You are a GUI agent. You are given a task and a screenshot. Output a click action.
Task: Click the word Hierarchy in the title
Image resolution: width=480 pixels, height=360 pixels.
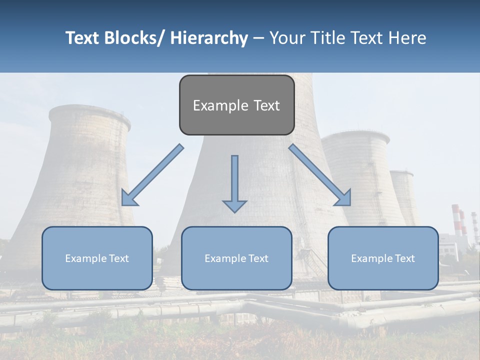coord(209,38)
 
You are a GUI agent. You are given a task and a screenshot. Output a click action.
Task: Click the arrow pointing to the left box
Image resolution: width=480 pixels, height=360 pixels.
coord(153,175)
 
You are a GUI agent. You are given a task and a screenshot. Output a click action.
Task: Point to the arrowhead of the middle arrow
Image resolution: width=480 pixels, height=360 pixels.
coord(234,205)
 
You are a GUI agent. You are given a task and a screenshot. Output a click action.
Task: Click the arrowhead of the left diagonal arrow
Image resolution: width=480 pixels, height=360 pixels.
coord(128,198)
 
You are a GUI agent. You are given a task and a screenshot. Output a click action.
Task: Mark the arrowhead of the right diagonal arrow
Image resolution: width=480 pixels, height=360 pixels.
coord(344,199)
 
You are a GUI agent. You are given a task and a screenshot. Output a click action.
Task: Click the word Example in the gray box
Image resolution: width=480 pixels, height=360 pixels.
coord(213,105)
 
